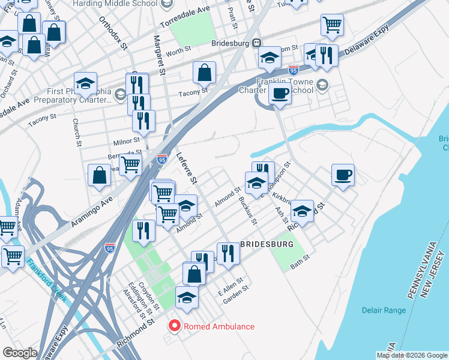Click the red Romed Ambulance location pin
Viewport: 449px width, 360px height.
click(x=175, y=326)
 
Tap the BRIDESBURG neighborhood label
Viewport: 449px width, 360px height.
click(x=267, y=245)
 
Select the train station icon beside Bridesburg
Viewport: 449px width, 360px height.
click(x=256, y=43)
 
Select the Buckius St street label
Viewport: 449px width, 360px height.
click(x=247, y=211)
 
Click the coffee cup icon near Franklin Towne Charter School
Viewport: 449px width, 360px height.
click(x=279, y=93)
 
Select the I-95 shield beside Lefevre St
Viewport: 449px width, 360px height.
click(x=161, y=159)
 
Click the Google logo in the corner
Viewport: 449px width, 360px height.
click(x=19, y=353)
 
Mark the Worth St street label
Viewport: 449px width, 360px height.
click(x=178, y=53)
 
